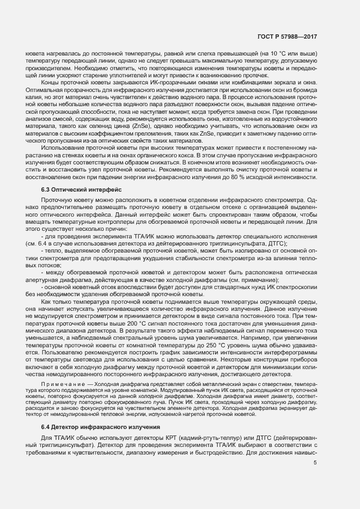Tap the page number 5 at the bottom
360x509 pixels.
coord(315,463)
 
